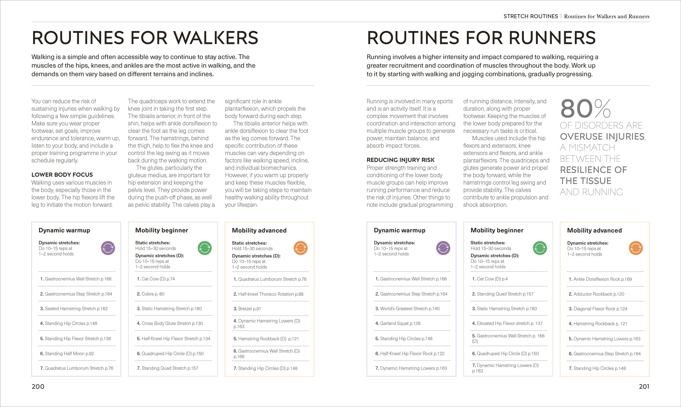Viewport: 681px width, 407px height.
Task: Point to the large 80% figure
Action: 585,109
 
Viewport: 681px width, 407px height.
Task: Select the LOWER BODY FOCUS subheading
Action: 62,175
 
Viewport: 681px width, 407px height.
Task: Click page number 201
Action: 644,386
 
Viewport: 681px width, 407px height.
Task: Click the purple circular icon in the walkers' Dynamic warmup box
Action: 108,248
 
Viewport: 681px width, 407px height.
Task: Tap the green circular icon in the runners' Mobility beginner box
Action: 540,248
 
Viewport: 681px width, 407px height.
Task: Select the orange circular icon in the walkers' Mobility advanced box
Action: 300,248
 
